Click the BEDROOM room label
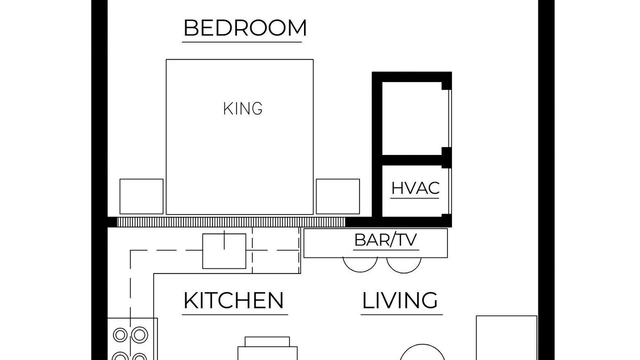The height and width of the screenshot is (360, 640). (245, 27)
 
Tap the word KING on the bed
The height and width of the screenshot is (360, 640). (242, 108)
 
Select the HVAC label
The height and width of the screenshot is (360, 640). (415, 188)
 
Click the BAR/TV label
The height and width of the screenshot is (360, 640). (385, 240)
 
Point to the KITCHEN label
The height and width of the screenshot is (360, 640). (233, 300)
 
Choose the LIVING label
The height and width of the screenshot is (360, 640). (399, 300)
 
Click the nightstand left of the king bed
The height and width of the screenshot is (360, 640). (141, 196)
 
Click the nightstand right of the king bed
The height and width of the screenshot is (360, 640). (337, 196)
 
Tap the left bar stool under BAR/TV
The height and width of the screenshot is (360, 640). (360, 271)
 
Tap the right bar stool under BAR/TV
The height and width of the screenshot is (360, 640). (403, 272)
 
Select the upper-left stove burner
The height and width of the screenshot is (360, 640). (120, 335)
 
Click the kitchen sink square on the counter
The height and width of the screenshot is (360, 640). (224, 251)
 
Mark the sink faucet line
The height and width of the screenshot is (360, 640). (224, 239)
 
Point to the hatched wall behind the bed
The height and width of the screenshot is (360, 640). (231, 222)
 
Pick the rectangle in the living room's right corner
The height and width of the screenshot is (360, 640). (506, 337)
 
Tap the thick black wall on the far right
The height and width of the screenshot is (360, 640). (546, 180)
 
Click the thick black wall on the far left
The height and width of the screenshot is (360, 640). (99, 180)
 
